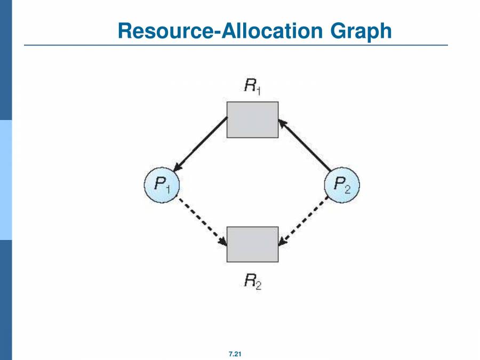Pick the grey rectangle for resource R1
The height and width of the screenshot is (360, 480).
[252, 119]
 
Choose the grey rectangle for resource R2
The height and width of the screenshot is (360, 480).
[252, 244]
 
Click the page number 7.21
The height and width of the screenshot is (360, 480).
[235, 354]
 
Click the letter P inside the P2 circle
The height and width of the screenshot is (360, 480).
[339, 185]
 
